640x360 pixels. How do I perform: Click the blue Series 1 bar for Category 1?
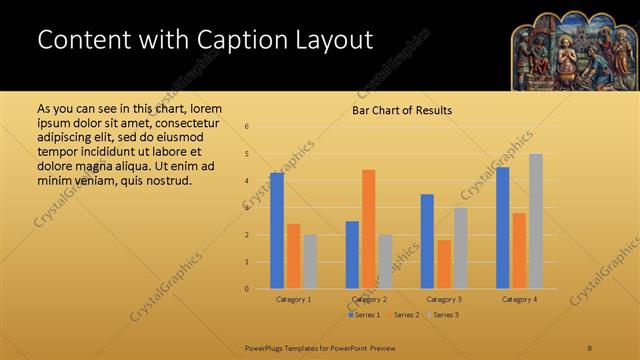coord(277,231)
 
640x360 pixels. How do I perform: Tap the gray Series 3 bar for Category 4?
coord(536,221)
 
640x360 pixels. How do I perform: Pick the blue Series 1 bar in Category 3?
coord(427,241)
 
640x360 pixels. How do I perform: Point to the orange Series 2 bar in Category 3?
coord(444,264)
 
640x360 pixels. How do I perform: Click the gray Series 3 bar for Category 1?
coord(310,262)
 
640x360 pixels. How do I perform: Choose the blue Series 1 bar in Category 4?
coord(503,228)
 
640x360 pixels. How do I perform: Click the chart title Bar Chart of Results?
coord(402,110)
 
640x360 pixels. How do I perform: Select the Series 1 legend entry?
coord(364,315)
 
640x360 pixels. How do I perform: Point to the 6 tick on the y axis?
coord(246,127)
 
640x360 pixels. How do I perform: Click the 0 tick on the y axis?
coord(246,289)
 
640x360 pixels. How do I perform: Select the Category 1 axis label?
coord(294,299)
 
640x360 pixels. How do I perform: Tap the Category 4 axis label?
coord(520,299)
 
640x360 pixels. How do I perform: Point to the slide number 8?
coord(590,346)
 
